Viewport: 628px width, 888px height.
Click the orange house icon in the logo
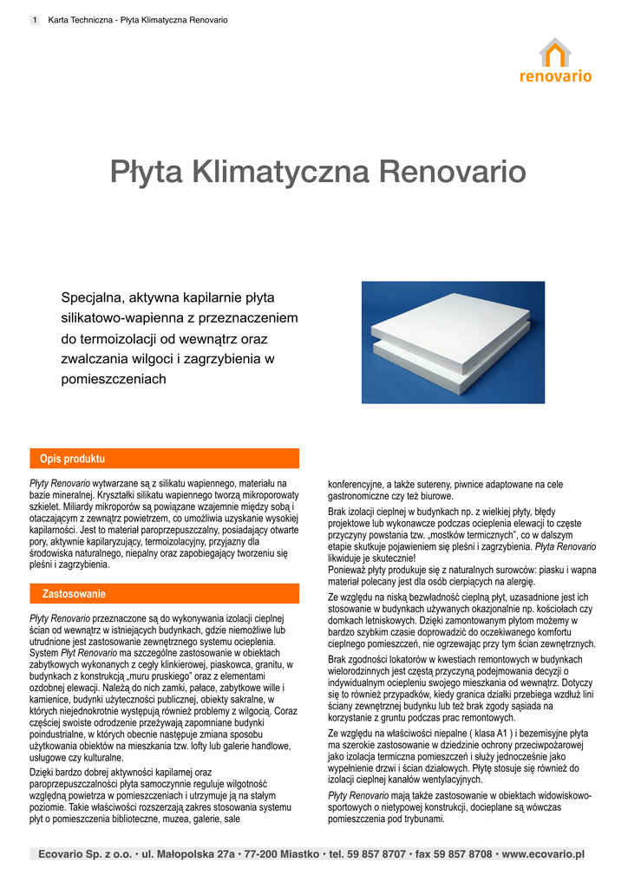point(555,52)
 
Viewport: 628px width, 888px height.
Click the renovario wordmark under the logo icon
point(555,76)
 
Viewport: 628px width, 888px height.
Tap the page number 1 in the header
point(34,20)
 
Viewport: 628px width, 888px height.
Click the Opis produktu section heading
point(73,459)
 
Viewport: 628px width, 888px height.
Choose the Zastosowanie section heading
point(74,594)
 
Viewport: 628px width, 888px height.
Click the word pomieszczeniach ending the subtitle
point(113,379)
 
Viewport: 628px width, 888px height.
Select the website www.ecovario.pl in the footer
point(543,854)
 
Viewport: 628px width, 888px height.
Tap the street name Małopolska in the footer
point(186,854)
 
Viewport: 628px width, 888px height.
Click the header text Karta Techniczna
point(80,20)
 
